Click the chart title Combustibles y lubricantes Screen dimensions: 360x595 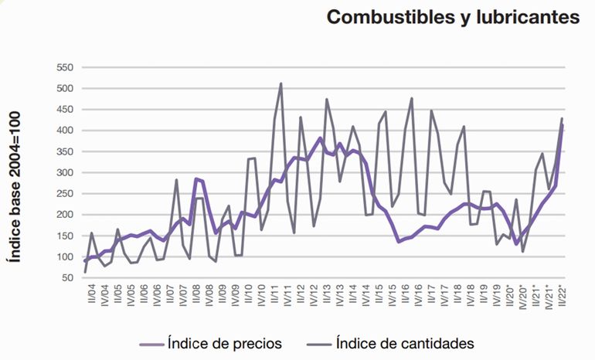[453, 18]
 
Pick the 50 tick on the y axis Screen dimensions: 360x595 [66, 277]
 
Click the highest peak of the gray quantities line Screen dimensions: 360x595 [280, 83]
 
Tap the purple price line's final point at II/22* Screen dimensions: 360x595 [563, 125]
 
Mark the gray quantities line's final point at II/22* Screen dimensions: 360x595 [563, 118]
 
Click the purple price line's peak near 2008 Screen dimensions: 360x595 [196, 178]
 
